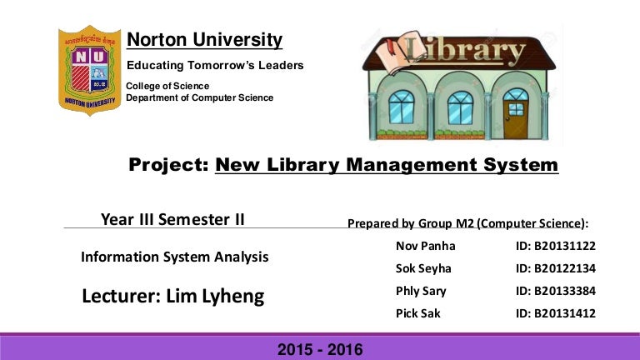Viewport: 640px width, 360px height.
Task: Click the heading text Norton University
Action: click(204, 40)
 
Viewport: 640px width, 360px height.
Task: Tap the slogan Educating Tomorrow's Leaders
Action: click(214, 65)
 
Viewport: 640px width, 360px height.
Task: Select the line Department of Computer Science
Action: click(199, 97)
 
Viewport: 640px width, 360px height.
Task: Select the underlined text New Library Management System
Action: click(387, 166)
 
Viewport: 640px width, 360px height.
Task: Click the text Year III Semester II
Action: click(172, 219)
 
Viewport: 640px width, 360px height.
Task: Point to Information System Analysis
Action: click(174, 257)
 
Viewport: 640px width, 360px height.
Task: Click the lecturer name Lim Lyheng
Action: click(173, 296)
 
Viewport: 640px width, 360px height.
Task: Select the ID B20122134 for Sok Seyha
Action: click(556, 269)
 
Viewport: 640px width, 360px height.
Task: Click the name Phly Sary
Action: click(421, 292)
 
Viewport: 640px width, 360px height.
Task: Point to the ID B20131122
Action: click(556, 247)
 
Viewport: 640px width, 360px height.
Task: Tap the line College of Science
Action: click(167, 86)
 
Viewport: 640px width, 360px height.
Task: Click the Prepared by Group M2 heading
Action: click(467, 223)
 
